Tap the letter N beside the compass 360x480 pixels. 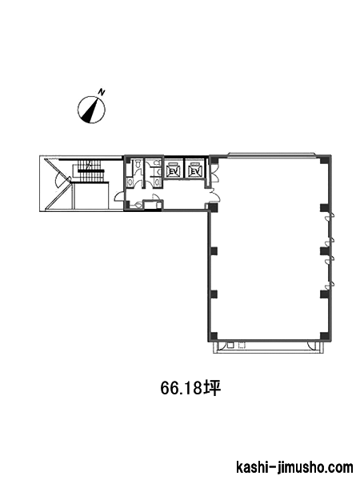click(x=102, y=91)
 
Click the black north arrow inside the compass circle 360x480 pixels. click(x=91, y=110)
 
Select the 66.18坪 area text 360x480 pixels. click(x=190, y=388)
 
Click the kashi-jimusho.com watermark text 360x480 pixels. click(x=294, y=467)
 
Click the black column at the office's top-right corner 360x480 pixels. click(x=325, y=161)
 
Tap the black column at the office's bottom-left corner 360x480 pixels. click(x=214, y=336)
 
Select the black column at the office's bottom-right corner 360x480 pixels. click(x=325, y=336)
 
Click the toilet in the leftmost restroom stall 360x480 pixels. click(x=138, y=164)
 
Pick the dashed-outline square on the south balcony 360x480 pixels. click(x=242, y=346)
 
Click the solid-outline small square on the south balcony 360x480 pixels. click(x=230, y=346)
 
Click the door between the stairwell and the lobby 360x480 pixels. click(x=120, y=196)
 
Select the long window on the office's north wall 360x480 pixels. click(x=270, y=154)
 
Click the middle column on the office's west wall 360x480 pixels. click(x=214, y=251)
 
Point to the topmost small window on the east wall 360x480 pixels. click(x=330, y=216)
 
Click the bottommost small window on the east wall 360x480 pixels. click(x=330, y=285)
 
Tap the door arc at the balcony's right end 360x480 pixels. click(x=314, y=346)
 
